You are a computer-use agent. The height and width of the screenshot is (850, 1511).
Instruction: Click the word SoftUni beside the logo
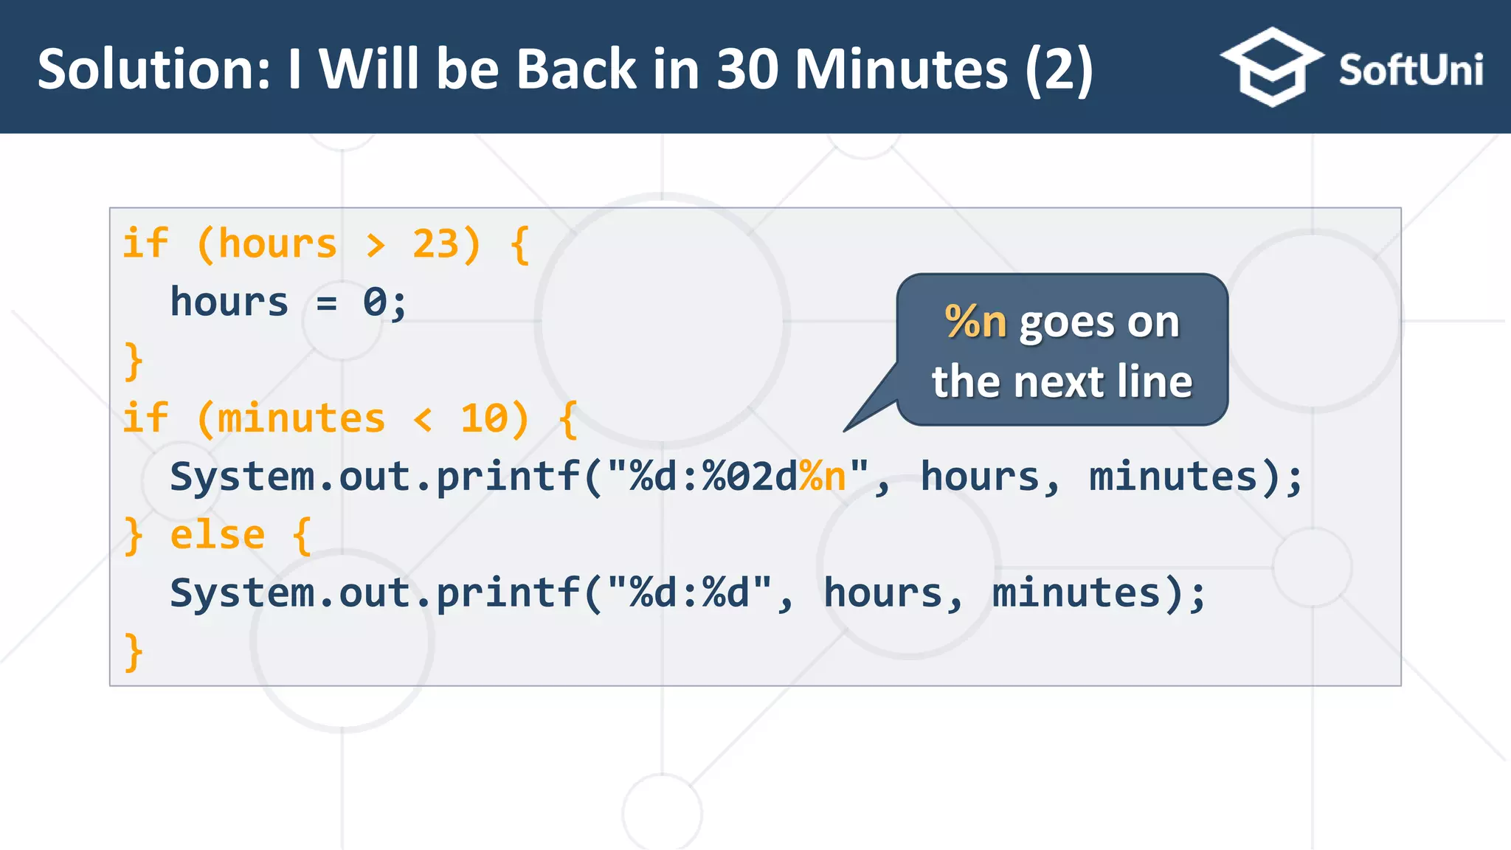pos(1410,70)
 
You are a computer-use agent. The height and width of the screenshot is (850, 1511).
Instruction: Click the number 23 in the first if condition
pos(435,244)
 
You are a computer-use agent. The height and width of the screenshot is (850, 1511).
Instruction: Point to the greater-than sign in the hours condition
pos(376,246)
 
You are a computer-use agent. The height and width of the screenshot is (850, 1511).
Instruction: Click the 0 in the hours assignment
pos(375,303)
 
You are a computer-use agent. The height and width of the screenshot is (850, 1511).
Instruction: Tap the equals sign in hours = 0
pos(326,303)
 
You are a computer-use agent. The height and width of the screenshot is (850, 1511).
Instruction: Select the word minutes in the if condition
pos(301,418)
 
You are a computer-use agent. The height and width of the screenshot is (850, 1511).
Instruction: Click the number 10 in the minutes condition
pos(484,418)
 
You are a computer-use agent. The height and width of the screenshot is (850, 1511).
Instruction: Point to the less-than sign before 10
pos(423,420)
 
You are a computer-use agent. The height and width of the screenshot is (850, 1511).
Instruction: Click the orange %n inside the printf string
pos(823,477)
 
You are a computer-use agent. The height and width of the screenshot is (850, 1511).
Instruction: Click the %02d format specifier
pos(749,477)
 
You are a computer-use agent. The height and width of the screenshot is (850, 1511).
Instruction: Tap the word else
pos(217,535)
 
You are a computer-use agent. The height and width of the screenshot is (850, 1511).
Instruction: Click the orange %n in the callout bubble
pos(975,322)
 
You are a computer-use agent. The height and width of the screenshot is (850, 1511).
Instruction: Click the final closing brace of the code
pos(134,652)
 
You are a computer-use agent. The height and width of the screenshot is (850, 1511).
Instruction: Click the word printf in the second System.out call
pos(508,593)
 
